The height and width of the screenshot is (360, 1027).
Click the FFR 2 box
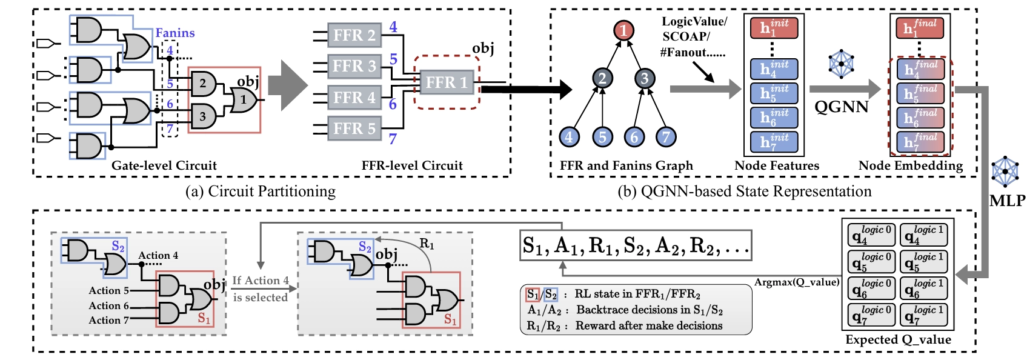354,36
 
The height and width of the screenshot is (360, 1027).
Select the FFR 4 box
354,98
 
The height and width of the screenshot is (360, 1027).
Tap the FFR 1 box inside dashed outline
447,82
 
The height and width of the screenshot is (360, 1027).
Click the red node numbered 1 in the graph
623,30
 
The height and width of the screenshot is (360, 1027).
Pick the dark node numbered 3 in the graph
644,78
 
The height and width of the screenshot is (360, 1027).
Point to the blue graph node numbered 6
634,137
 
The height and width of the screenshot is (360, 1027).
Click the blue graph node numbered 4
569,137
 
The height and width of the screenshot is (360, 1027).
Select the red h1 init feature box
774,28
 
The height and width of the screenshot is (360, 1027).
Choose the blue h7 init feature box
774,142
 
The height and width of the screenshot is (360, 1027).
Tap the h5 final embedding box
920,93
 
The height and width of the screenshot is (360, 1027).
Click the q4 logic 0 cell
871,235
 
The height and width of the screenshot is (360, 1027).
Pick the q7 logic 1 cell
923,315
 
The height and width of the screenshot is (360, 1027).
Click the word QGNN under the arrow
842,107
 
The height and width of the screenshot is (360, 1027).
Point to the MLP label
1007,201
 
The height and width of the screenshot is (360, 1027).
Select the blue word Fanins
175,33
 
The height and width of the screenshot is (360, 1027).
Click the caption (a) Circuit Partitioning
261,192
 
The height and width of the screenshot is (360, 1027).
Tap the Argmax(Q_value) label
797,282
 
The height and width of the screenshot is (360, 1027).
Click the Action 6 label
109,306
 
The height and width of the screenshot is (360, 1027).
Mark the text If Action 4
261,281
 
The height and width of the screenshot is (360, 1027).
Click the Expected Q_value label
898,340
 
